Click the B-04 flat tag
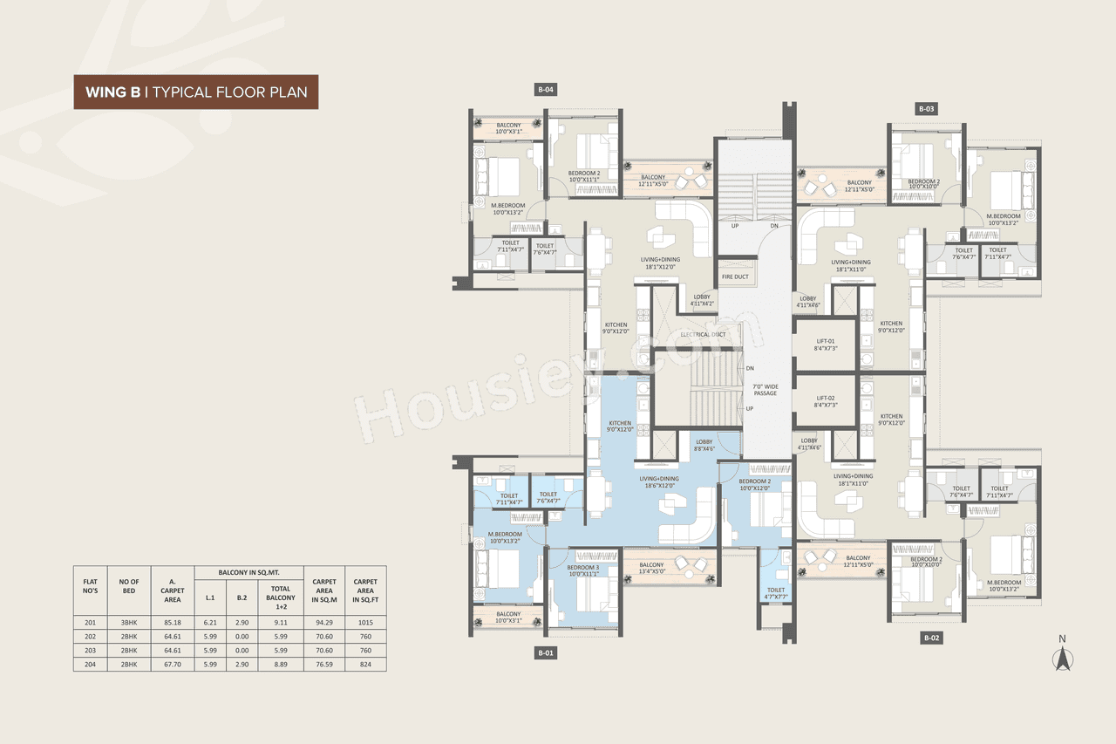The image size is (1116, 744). [x=546, y=89]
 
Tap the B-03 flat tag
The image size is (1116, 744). [x=926, y=109]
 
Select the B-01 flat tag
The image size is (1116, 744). [x=546, y=652]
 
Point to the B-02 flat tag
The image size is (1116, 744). [x=931, y=638]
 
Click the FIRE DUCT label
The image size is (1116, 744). [x=735, y=277]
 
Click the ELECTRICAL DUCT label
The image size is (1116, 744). [x=703, y=334]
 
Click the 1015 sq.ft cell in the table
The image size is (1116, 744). [x=365, y=623]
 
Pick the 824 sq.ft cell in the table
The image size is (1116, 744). [x=365, y=665]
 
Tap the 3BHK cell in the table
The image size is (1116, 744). [x=129, y=623]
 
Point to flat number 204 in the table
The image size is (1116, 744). [x=90, y=665]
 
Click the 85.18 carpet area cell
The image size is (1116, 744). [x=173, y=623]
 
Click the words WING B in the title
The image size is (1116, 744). [x=113, y=92]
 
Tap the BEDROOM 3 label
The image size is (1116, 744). [x=583, y=570]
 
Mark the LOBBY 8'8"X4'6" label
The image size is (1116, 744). [x=704, y=446]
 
